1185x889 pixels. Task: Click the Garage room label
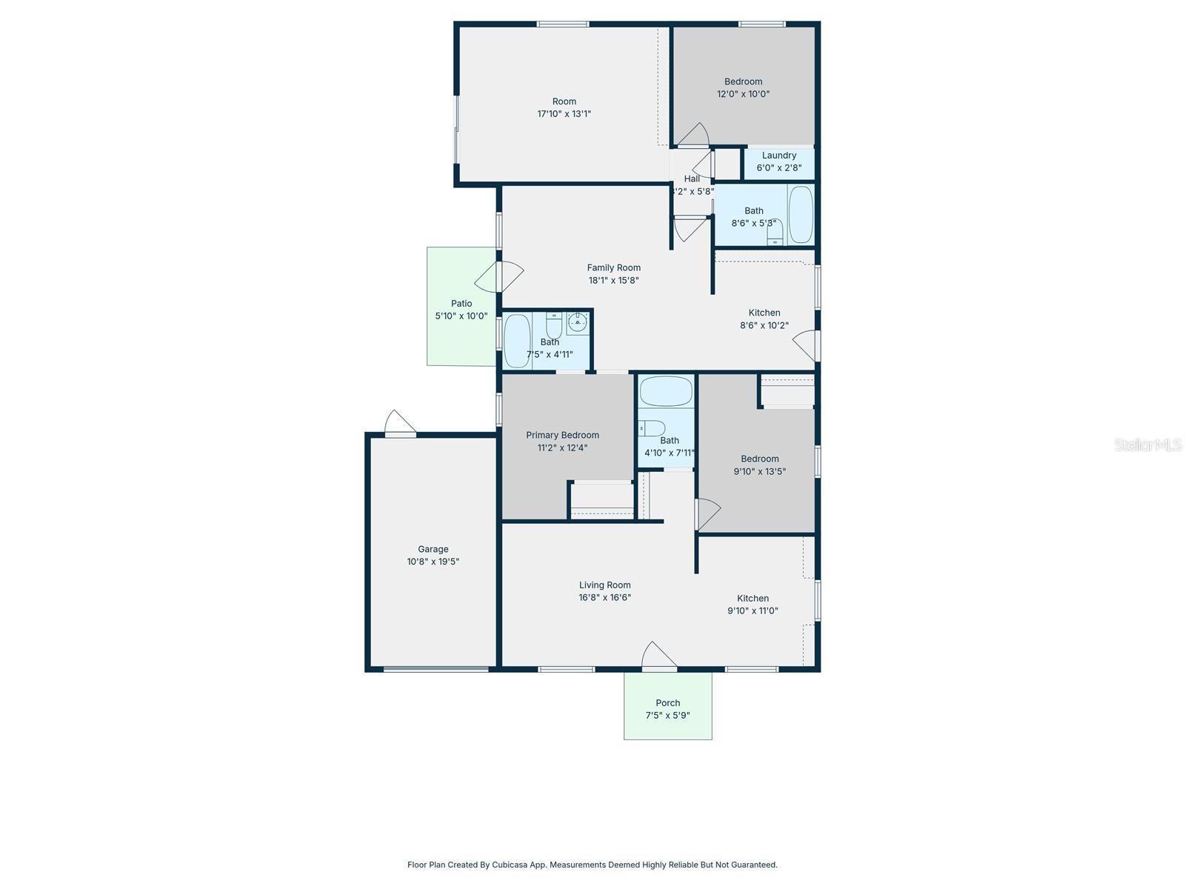(x=433, y=549)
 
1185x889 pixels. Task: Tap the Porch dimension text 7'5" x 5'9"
(x=667, y=716)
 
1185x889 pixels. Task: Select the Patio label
(x=461, y=303)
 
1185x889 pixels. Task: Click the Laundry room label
(x=778, y=156)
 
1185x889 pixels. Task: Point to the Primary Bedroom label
(x=562, y=435)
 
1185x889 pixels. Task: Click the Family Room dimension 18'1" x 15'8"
(x=613, y=280)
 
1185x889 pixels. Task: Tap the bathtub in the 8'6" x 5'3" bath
(x=801, y=215)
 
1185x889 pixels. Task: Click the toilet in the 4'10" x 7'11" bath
(x=652, y=427)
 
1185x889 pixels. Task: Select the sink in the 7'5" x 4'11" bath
(x=578, y=322)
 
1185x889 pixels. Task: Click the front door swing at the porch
(x=658, y=656)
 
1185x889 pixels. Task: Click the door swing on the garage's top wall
(x=400, y=422)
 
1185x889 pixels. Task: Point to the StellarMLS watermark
(x=1148, y=445)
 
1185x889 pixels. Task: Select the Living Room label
(x=604, y=585)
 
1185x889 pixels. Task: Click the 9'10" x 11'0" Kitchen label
(x=752, y=598)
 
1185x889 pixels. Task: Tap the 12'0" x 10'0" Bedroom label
(x=743, y=81)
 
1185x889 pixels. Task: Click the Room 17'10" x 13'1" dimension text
(x=564, y=114)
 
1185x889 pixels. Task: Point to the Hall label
(x=692, y=179)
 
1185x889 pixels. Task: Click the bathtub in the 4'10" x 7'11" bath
(x=666, y=391)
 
